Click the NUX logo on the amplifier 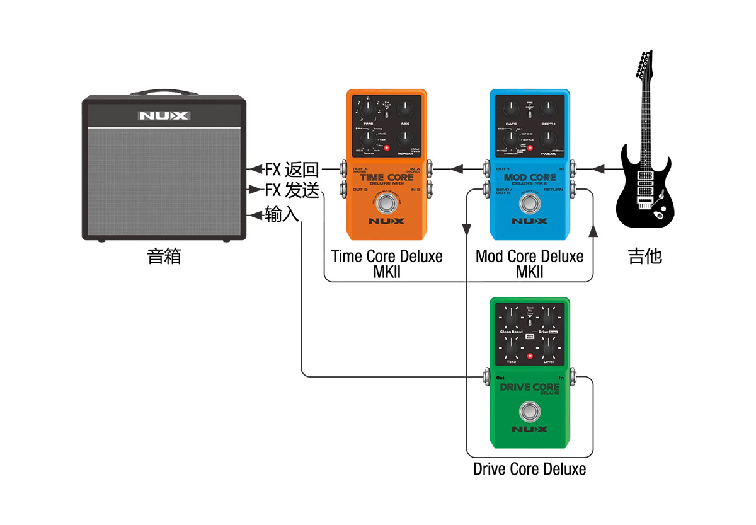(163, 116)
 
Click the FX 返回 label (292, 170)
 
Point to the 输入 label (282, 215)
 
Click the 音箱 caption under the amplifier (164, 257)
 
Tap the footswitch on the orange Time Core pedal (386, 203)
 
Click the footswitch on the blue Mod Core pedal (529, 203)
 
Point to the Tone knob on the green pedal (512, 347)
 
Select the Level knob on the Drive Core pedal (547, 347)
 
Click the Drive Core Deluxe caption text (529, 470)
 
